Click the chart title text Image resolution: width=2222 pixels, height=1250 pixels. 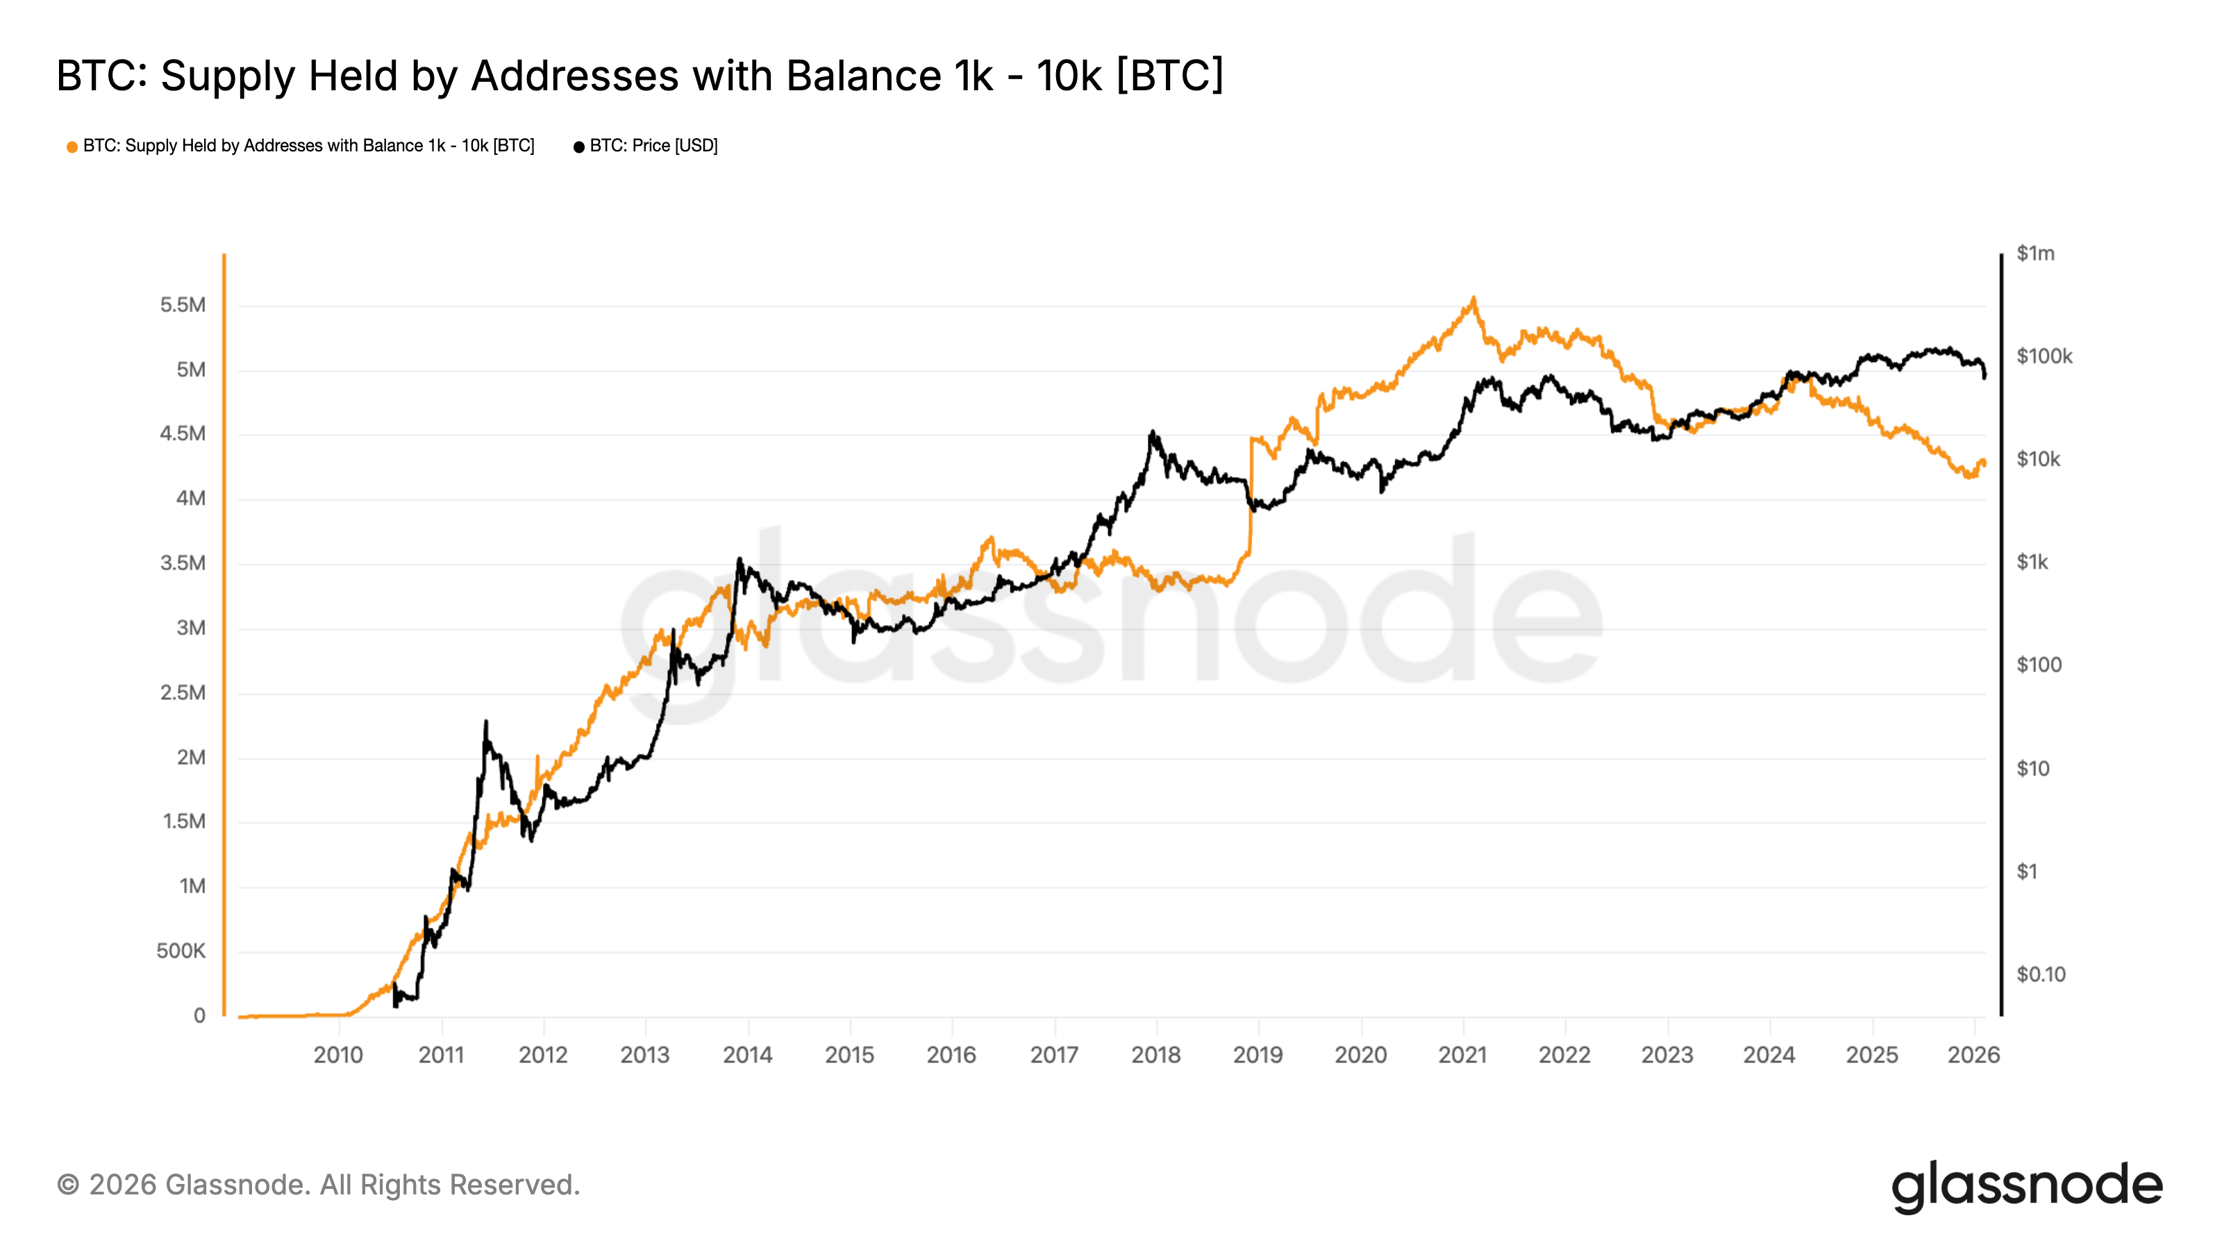click(x=639, y=76)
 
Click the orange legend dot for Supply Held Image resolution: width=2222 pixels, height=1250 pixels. click(x=72, y=147)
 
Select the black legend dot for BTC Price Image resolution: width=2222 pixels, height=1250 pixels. click(x=579, y=147)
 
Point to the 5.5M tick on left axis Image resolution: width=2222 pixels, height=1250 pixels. click(x=183, y=305)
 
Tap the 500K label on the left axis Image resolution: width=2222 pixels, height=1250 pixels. click(x=181, y=951)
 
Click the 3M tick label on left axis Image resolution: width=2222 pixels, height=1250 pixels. click(x=191, y=627)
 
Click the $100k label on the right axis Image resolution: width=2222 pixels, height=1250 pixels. click(x=2044, y=356)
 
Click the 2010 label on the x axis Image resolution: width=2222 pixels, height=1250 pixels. click(x=338, y=1054)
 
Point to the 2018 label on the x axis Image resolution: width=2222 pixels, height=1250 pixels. click(x=1156, y=1054)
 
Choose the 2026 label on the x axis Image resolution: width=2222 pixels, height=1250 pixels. click(x=1973, y=1054)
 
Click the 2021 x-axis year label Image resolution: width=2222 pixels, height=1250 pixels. click(x=1463, y=1054)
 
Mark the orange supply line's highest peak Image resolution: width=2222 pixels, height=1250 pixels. click(x=1473, y=299)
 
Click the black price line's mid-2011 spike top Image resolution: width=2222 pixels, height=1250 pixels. click(x=485, y=722)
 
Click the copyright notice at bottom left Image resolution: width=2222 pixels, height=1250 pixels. click(x=318, y=1185)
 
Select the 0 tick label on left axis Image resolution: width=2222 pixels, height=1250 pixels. click(x=199, y=1015)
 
